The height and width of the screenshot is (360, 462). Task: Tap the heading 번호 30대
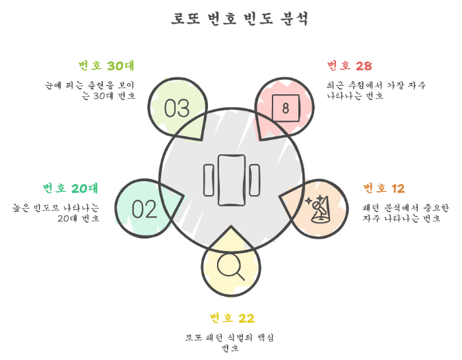(106, 65)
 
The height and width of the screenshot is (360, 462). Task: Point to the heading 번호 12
(384, 189)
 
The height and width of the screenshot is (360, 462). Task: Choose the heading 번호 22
(232, 318)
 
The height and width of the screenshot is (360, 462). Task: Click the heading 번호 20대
(71, 189)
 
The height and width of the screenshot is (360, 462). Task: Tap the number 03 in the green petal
(177, 107)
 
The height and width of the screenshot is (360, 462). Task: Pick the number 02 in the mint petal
(145, 209)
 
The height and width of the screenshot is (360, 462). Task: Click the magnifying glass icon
(230, 266)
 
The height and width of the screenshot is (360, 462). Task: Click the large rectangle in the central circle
(231, 179)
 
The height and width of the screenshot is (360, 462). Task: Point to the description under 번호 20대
(56, 213)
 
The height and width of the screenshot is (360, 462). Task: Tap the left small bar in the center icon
(209, 179)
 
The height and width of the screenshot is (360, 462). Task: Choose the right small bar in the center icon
(254, 179)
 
